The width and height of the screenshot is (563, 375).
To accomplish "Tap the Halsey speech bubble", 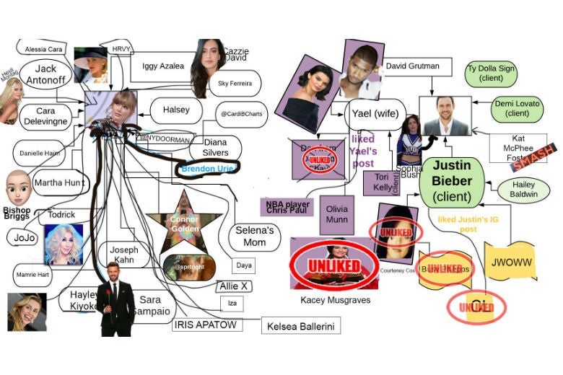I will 175,110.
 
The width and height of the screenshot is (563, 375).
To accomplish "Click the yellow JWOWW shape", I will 510,262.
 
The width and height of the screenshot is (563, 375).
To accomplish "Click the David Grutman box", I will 412,66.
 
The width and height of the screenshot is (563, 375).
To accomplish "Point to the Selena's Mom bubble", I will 250,237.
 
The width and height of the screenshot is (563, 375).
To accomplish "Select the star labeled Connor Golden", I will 184,224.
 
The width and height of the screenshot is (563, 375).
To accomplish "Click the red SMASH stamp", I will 533,159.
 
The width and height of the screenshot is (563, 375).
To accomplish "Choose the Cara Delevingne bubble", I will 45,116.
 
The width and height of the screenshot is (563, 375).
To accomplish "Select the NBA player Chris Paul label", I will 287,208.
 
